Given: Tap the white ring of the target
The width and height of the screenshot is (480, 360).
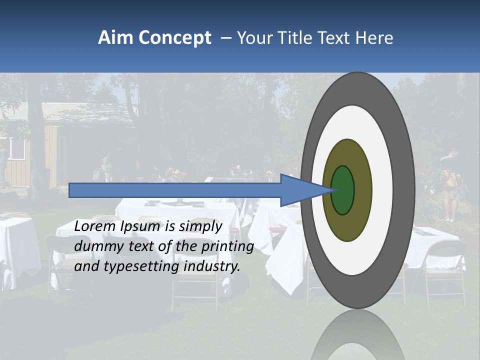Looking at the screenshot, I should tap(382, 190).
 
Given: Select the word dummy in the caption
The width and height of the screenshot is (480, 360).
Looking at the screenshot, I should tap(95, 246).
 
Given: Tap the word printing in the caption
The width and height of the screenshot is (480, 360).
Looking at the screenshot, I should tap(230, 247).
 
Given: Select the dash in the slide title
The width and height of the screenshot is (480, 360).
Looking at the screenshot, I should tap(225, 38).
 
